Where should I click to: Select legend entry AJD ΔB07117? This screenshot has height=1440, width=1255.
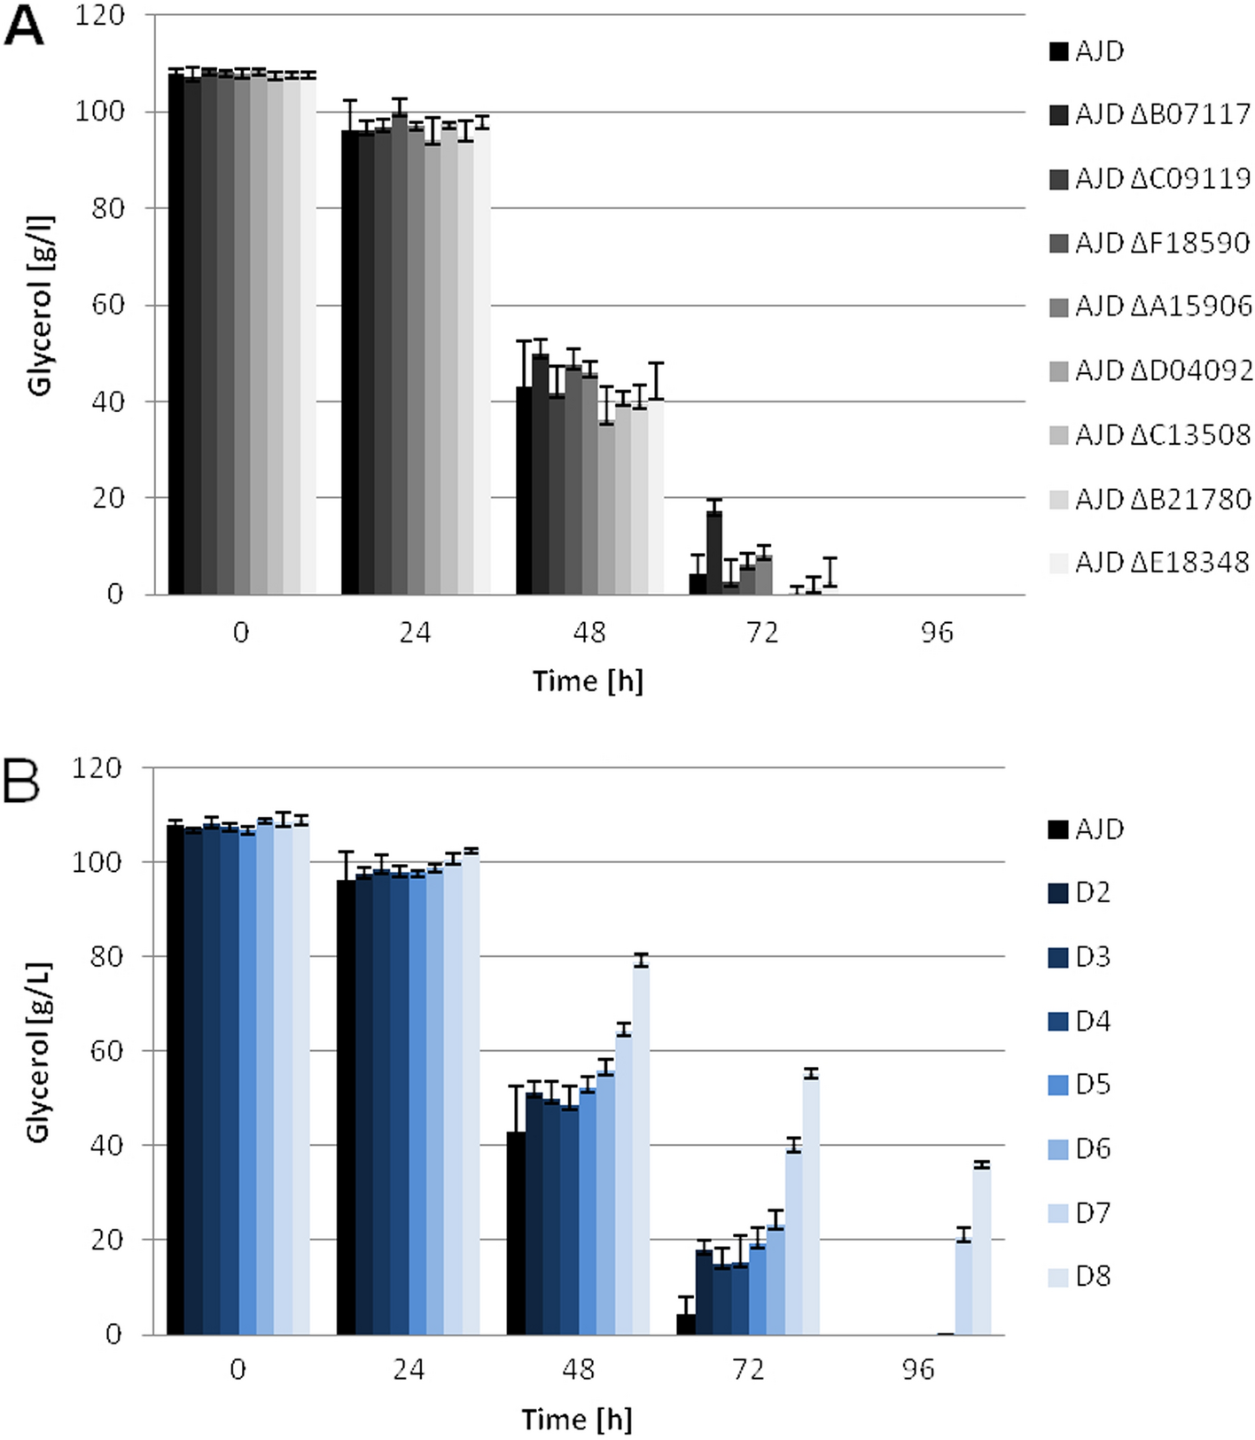pos(1150,114)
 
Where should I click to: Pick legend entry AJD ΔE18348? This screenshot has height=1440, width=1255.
pos(1150,562)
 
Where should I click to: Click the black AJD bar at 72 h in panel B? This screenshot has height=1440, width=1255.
pos(686,1324)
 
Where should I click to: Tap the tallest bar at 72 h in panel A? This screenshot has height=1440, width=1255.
pos(714,552)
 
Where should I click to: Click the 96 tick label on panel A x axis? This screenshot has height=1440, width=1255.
pos(937,633)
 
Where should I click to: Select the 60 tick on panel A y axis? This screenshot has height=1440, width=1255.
pos(107,305)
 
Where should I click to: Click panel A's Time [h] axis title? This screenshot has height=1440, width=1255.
pos(588,681)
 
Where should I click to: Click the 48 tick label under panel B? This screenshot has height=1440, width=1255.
pos(578,1370)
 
